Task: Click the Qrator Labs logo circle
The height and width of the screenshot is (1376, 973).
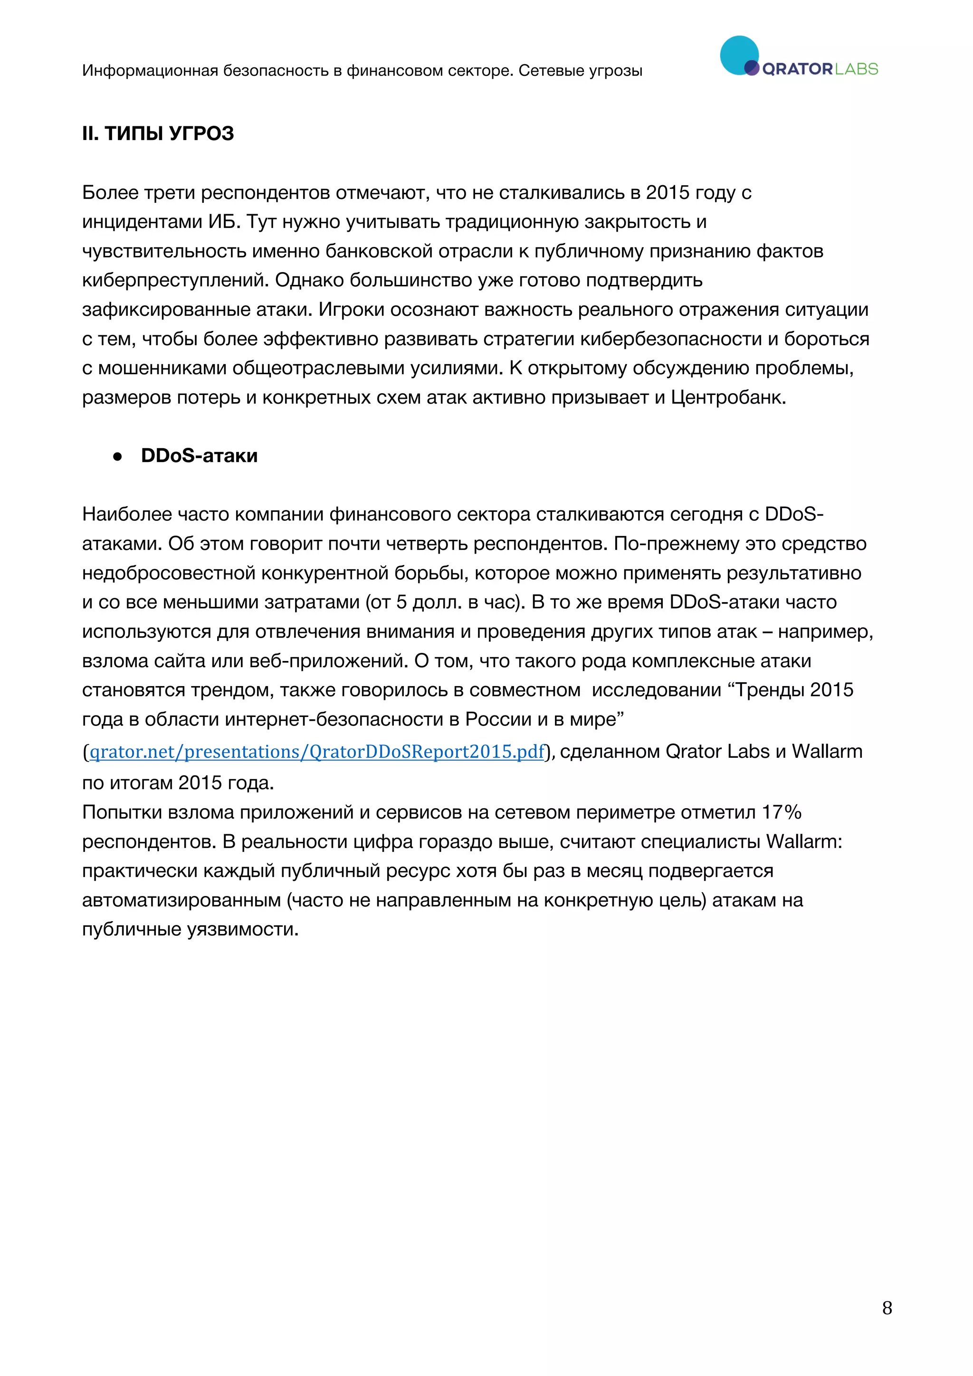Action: (739, 55)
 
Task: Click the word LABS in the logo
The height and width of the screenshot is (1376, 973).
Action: (856, 69)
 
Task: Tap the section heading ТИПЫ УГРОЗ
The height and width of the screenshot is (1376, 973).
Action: (169, 133)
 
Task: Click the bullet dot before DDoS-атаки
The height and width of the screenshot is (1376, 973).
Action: (117, 457)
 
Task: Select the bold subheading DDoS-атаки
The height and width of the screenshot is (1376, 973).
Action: (199, 456)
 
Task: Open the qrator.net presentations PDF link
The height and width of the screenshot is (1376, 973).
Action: (316, 752)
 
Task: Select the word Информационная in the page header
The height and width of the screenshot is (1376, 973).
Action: (150, 71)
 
